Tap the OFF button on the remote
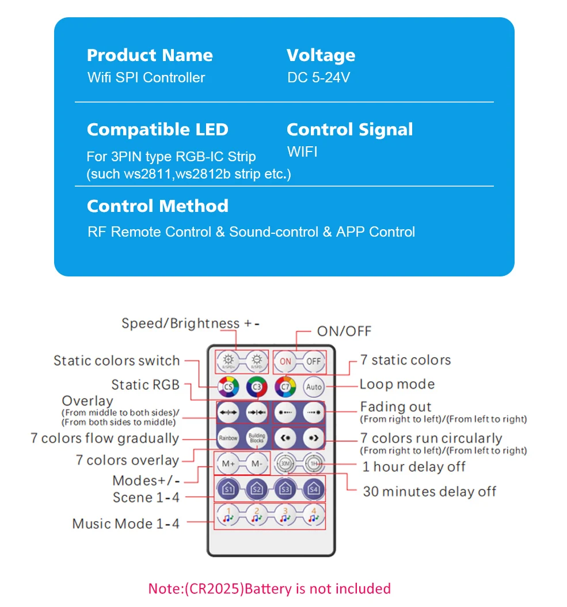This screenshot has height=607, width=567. [313, 361]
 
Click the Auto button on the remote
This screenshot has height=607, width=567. [314, 386]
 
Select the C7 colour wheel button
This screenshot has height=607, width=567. [285, 386]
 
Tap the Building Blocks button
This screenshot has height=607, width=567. [257, 438]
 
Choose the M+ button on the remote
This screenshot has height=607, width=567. [228, 463]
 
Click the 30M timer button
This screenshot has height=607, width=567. [285, 463]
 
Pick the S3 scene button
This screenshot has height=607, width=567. [285, 490]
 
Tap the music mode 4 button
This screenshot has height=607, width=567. [314, 515]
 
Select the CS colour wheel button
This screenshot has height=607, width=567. [228, 386]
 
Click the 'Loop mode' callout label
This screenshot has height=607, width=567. [397, 384]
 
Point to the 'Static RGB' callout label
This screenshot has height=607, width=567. [146, 385]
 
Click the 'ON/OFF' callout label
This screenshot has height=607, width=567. [344, 331]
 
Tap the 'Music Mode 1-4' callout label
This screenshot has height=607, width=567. [125, 523]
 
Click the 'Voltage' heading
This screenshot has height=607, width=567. [321, 55]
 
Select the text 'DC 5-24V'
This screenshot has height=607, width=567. [318, 77]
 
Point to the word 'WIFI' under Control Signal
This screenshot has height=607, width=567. [302, 152]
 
